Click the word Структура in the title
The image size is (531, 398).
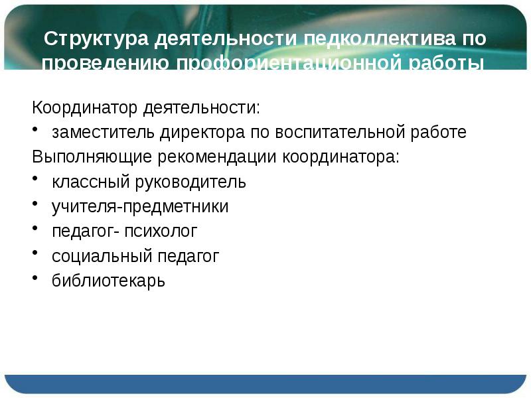click(97, 38)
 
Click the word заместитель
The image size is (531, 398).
click(104, 132)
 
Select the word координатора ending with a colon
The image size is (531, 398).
click(342, 157)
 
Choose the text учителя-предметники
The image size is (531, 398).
click(140, 207)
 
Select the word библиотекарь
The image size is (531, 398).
click(108, 281)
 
